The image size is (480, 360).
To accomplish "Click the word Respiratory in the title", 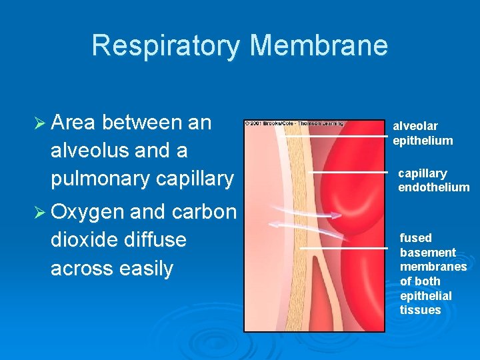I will coord(167,45).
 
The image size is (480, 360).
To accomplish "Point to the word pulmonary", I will coord(100,179).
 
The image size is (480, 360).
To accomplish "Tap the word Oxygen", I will coord(87,212).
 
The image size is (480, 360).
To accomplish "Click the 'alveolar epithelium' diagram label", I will coord(423,133).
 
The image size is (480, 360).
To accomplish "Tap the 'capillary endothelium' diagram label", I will coord(433,180).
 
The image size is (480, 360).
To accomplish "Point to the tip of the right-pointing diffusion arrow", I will coord(341,215).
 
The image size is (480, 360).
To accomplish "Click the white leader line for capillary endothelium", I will coord(350,173).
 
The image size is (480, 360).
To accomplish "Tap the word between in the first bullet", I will coord(145,123).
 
